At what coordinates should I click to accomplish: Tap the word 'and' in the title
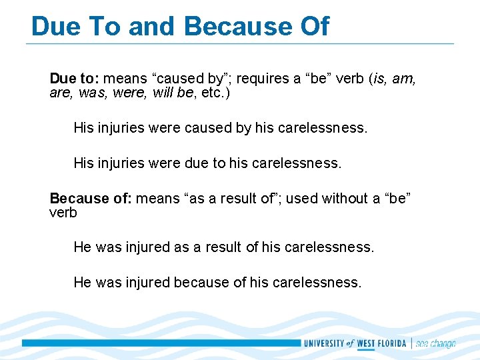[153, 26]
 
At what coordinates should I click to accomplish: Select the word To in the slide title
[103, 26]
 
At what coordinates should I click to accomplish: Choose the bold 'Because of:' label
[90, 198]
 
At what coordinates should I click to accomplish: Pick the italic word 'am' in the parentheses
[403, 79]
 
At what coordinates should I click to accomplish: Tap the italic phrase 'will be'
[173, 93]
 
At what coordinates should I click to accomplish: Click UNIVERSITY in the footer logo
[324, 343]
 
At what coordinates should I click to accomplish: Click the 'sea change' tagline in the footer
[436, 343]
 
